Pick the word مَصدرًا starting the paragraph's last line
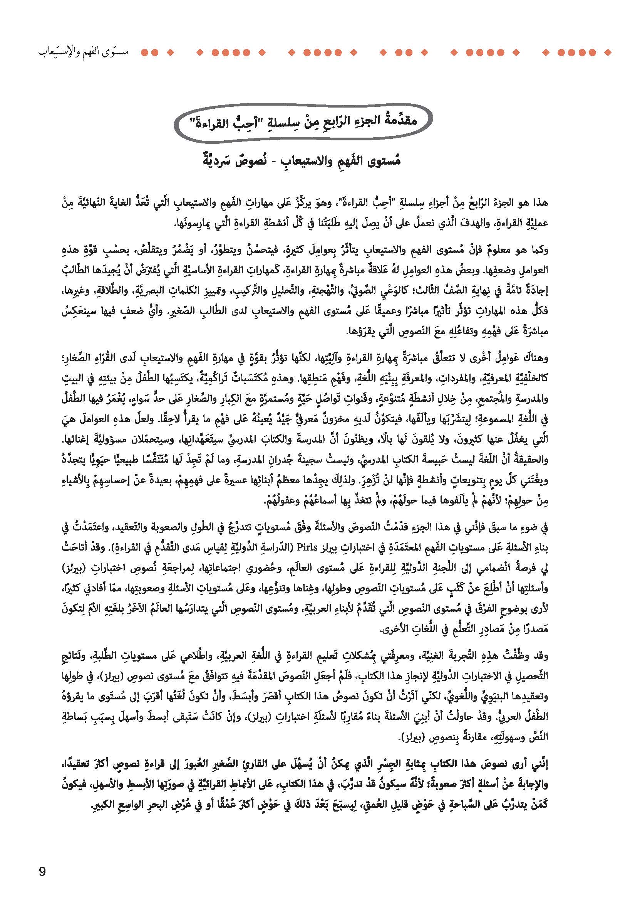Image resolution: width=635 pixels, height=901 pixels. click(535, 630)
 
